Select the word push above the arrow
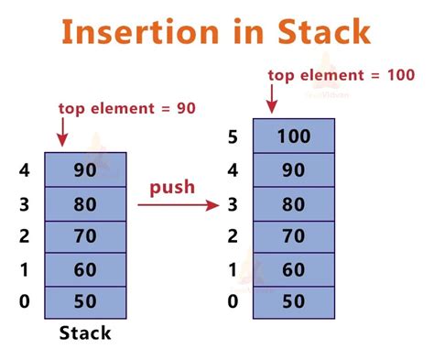point(172,187)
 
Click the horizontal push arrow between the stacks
point(179,205)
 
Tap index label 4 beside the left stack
point(23,171)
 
